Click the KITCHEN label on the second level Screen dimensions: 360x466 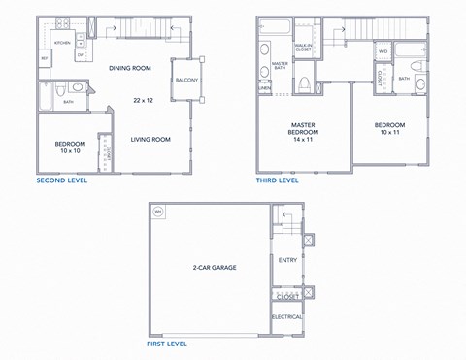pyautogui.click(x=61, y=44)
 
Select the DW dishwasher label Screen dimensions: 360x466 pyautogui.click(x=81, y=54)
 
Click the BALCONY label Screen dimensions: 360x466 pyautogui.click(x=187, y=81)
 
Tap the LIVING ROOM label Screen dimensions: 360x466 pyautogui.click(x=150, y=139)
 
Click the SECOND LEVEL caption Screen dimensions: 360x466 pyautogui.click(x=63, y=180)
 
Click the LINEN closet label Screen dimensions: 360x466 pyautogui.click(x=264, y=87)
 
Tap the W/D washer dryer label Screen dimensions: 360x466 pyautogui.click(x=383, y=50)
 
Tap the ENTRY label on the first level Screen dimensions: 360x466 pyautogui.click(x=287, y=259)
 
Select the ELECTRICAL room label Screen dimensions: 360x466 pyautogui.click(x=287, y=317)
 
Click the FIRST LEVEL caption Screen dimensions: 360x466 pyautogui.click(x=165, y=344)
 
